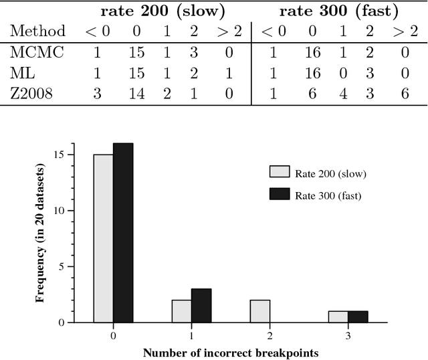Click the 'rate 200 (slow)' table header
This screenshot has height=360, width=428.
point(163,11)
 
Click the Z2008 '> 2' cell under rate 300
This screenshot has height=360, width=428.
point(405,93)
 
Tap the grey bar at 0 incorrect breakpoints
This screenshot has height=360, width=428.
point(103,238)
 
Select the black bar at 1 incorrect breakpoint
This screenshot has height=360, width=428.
point(201,305)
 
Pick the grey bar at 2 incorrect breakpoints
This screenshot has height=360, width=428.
point(260,310)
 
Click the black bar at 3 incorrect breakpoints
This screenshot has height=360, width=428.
point(358,317)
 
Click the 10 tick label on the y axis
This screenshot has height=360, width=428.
point(62,210)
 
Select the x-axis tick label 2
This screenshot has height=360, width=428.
point(270,333)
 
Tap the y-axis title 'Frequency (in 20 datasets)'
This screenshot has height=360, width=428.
point(40,233)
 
